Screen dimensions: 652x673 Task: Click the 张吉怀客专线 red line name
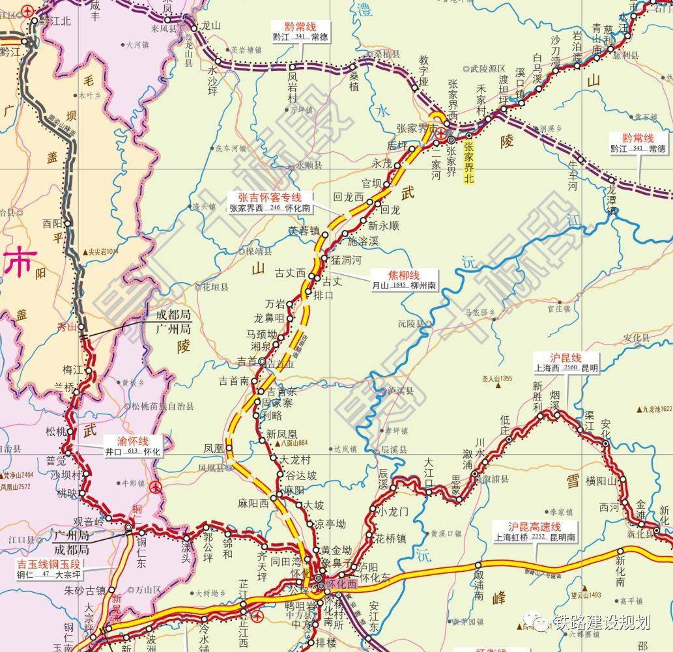(x=269, y=197)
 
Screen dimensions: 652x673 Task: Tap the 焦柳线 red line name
(x=404, y=275)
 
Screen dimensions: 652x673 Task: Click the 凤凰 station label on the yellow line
(x=214, y=448)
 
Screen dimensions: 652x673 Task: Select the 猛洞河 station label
(x=345, y=259)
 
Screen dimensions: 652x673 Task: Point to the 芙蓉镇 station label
(x=304, y=231)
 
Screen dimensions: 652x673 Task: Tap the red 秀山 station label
(x=67, y=327)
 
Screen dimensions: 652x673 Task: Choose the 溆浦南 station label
(x=479, y=582)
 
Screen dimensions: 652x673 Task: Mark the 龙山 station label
(x=212, y=26)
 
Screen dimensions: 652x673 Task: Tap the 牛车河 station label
(x=573, y=173)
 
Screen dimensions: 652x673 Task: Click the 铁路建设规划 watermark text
(x=601, y=622)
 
